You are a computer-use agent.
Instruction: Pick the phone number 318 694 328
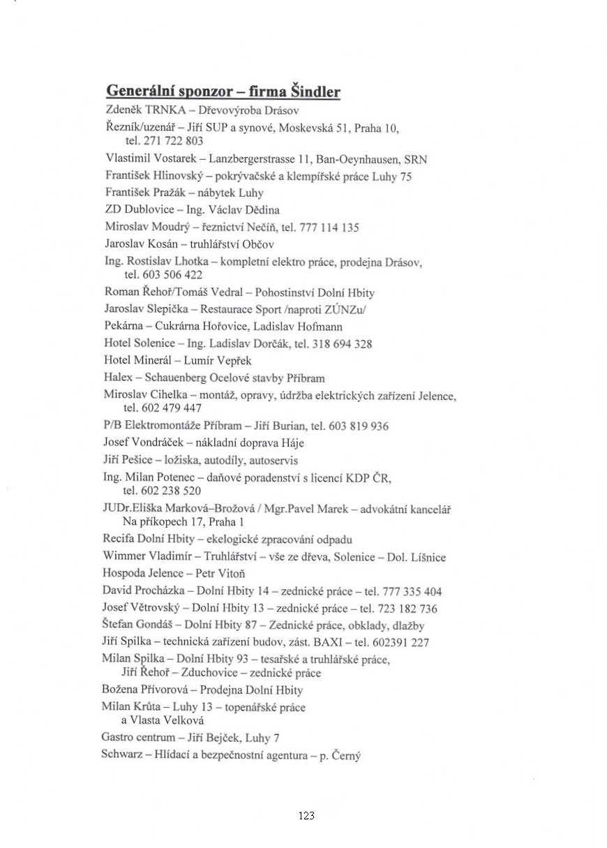343,343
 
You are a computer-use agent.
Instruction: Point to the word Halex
117,378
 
